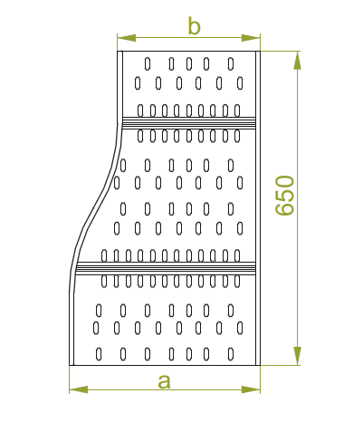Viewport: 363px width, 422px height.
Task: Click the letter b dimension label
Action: coord(194,26)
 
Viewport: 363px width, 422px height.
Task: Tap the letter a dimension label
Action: coord(164,381)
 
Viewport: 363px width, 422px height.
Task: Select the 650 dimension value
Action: coord(284,196)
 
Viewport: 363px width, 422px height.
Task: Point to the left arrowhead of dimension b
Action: coord(127,38)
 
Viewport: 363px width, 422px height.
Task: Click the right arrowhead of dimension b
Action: coord(251,38)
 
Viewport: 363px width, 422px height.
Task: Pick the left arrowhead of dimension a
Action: coord(79,389)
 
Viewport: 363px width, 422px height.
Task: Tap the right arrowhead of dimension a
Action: coord(251,389)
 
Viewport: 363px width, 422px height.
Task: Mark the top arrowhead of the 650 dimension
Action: coord(297,61)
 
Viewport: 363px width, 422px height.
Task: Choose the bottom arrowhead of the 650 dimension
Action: coord(297,356)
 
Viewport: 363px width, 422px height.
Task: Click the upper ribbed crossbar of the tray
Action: coord(189,123)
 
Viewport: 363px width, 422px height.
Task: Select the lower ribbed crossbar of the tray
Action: coord(166,268)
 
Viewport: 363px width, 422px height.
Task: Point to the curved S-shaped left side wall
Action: coord(95,208)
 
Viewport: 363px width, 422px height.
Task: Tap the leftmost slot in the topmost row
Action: coord(148,64)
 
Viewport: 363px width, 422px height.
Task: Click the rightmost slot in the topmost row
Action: coord(231,64)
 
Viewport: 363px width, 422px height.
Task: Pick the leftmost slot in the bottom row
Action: coord(99,354)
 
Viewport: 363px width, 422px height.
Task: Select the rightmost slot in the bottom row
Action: coord(231,354)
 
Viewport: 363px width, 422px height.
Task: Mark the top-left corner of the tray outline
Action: coord(118,52)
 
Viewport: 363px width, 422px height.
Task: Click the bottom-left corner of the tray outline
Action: coord(70,365)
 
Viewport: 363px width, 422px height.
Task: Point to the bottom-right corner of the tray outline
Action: coord(260,365)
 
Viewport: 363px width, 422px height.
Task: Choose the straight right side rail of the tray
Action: coord(258,208)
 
